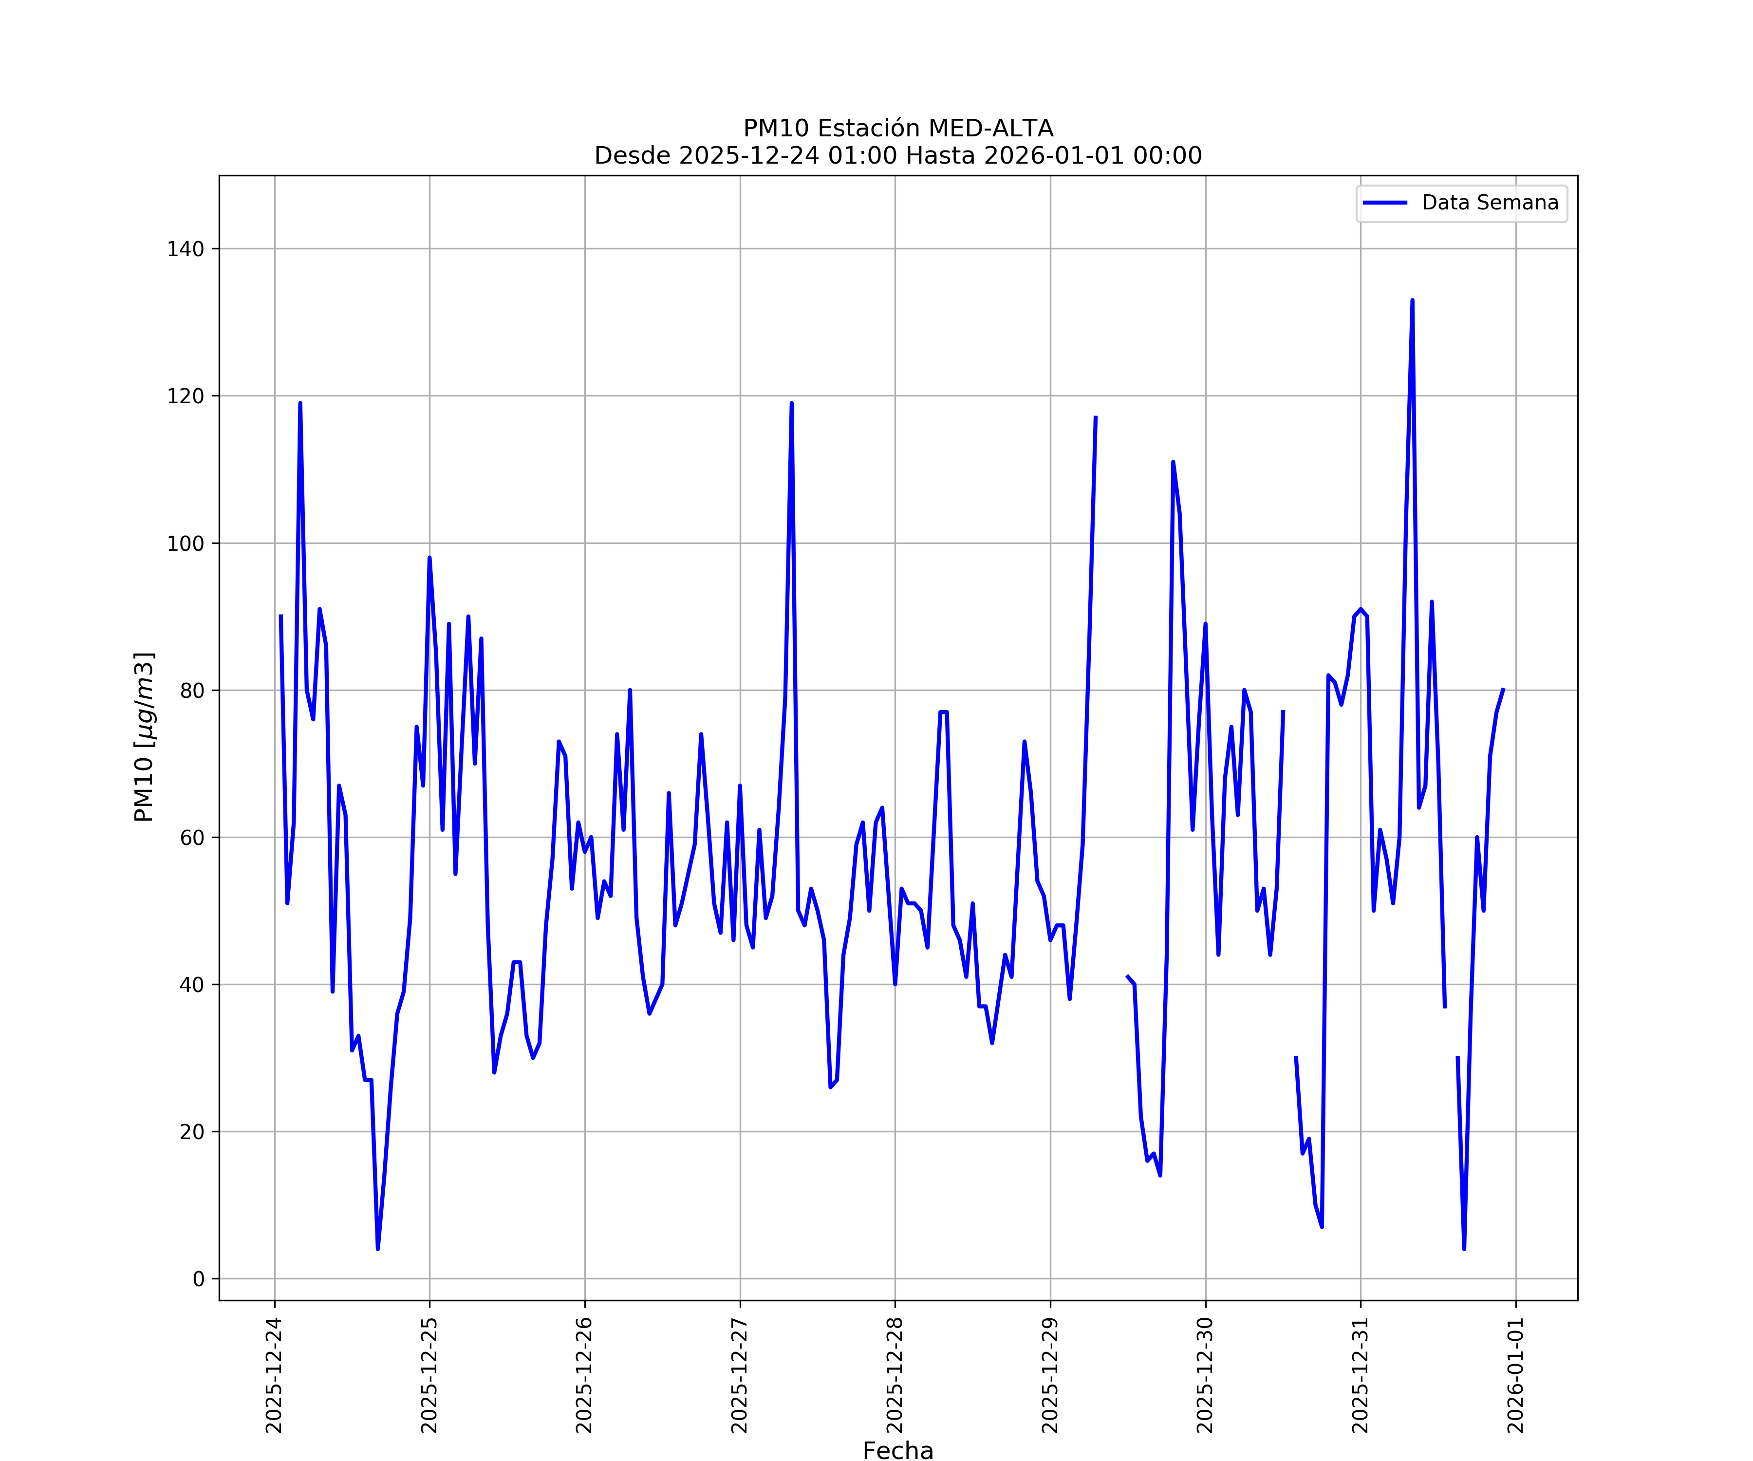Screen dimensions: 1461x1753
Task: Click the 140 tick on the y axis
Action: coord(186,249)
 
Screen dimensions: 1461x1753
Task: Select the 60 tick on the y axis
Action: coord(191,837)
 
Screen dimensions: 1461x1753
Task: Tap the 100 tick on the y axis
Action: coord(186,543)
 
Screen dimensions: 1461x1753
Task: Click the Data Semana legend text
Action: coord(1490,203)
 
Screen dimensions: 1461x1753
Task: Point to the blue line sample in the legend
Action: coord(1385,203)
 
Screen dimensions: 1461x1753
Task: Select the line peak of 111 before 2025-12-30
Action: coord(1173,462)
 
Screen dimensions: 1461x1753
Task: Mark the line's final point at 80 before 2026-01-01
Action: coord(1503,690)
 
